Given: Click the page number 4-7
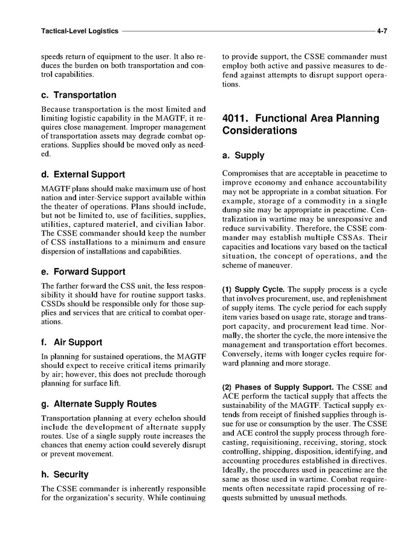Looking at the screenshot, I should pos(381,30).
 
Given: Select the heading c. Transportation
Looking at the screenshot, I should pos(78,95).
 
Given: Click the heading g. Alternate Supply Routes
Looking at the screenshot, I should pos(98,404).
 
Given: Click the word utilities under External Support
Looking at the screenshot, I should pos(56,224).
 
